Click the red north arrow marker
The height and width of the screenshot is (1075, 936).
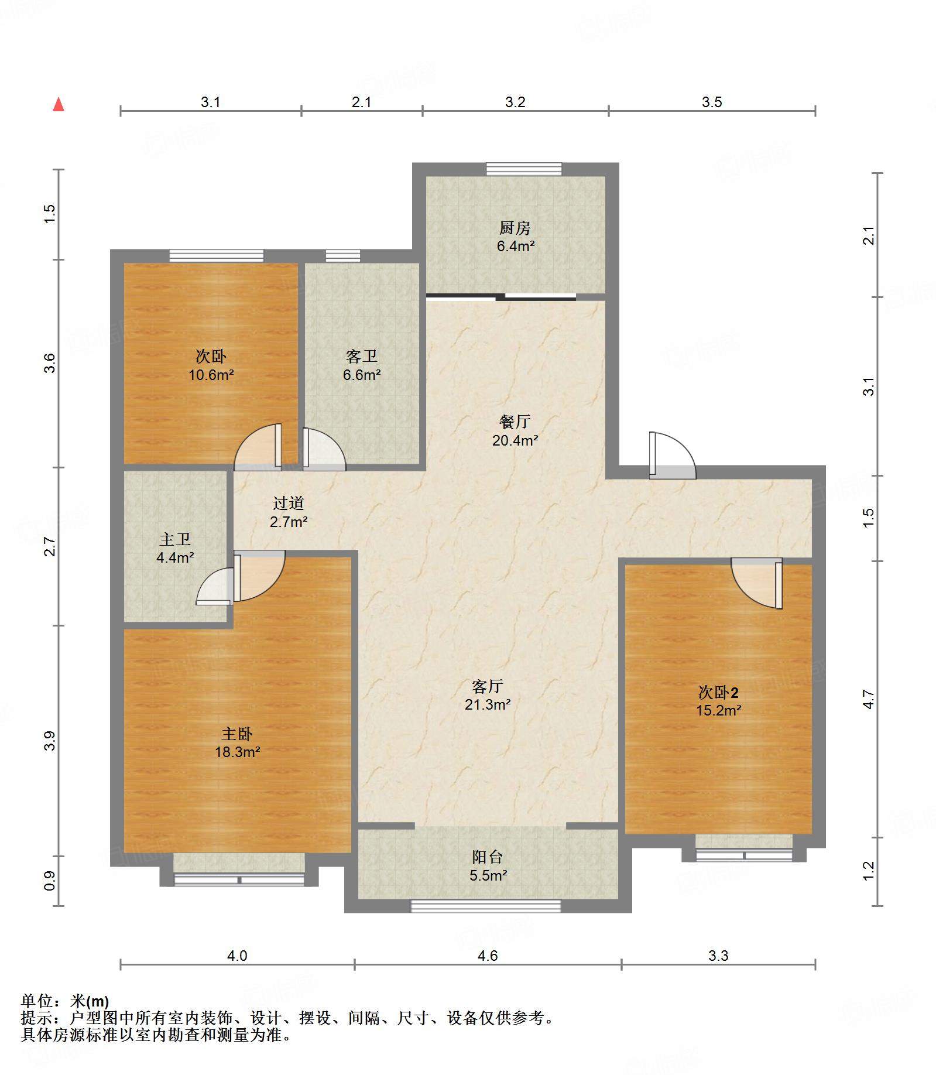click(59, 105)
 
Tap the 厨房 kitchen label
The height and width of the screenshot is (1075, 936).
click(515, 227)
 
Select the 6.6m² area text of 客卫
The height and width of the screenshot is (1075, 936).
click(362, 375)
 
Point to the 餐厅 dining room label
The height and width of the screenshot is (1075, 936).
click(515, 422)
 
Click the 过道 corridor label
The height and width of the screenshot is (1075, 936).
click(289, 503)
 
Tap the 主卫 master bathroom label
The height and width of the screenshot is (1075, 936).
click(174, 539)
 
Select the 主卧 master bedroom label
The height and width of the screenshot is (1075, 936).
click(237, 734)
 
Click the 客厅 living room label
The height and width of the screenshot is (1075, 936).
click(488, 686)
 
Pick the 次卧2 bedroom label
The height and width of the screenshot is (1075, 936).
click(718, 693)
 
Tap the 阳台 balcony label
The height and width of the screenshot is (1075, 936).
click(488, 857)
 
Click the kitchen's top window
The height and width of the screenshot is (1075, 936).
click(524, 169)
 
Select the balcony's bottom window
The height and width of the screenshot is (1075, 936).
click(486, 906)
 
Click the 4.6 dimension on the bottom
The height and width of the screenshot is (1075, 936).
click(488, 956)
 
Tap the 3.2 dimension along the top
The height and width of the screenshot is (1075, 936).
click(515, 102)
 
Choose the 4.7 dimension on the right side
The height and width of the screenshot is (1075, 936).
click(869, 700)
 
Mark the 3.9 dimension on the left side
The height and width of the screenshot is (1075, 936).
click(50, 741)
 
